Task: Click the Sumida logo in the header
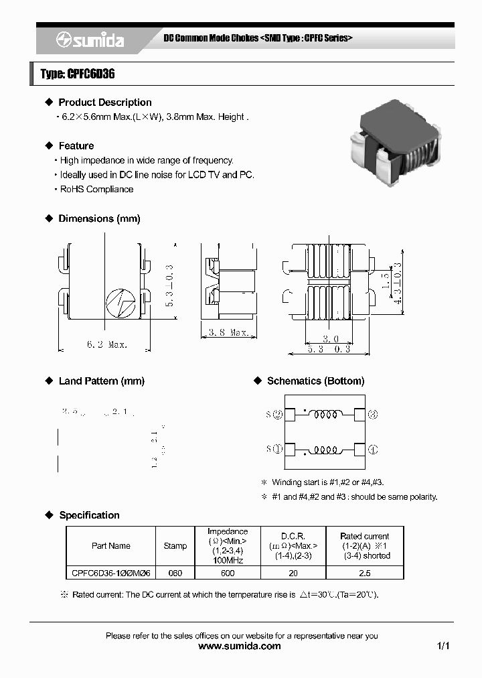90,40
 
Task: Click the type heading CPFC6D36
78,74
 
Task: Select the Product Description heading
104,103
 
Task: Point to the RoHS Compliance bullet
96,189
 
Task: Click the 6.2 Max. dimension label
106,344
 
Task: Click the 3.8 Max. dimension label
228,332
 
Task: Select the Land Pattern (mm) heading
101,381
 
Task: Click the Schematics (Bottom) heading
315,381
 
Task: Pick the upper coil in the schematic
326,415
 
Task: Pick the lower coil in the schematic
326,449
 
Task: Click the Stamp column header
175,546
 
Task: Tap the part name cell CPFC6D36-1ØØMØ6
111,573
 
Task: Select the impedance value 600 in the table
228,573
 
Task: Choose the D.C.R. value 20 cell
293,573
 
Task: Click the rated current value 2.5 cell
364,573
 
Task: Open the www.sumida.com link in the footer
240,647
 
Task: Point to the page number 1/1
443,647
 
